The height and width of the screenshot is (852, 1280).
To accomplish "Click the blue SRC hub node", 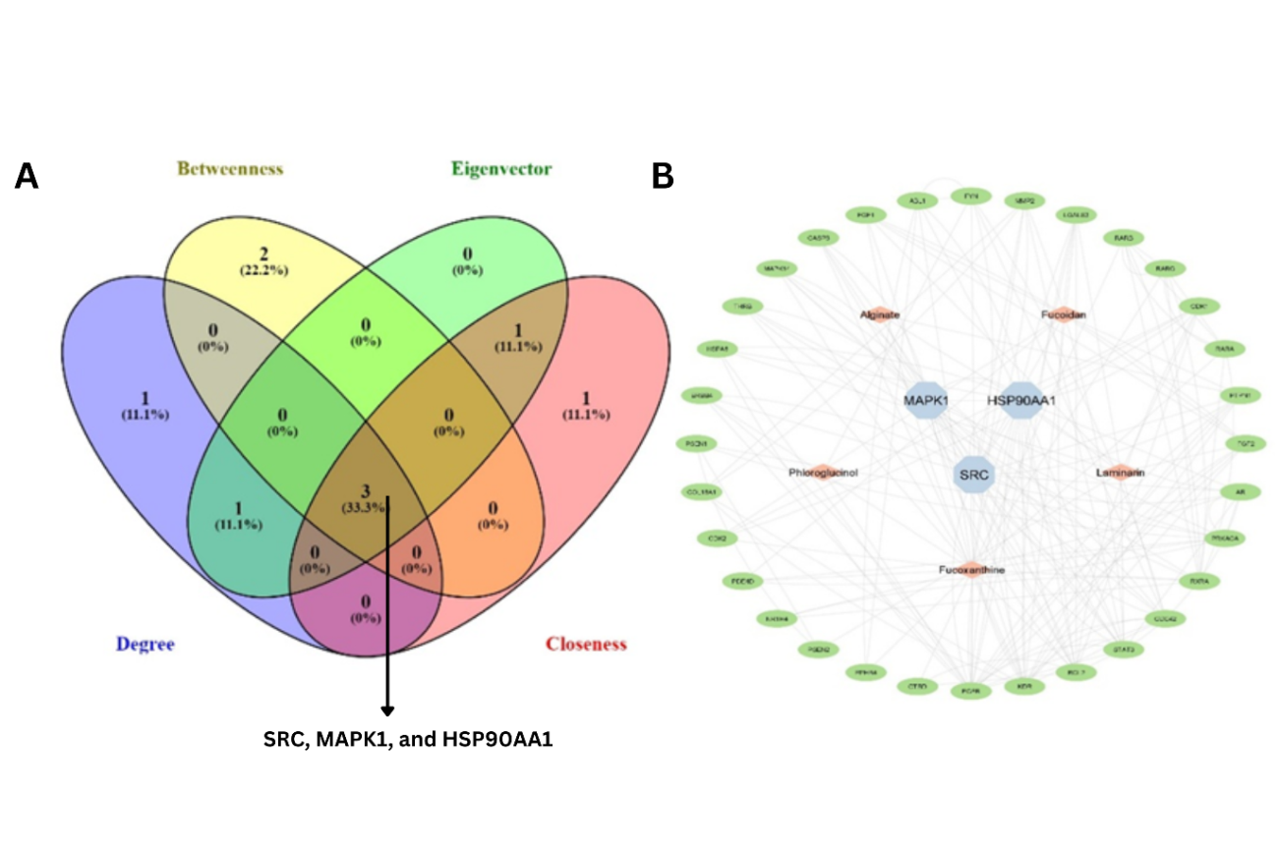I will point(976,475).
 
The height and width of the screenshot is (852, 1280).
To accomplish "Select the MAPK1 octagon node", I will point(925,401).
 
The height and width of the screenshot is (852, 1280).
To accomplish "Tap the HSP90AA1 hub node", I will point(1020,401).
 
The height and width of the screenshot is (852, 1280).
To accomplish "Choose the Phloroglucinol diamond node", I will point(824,473).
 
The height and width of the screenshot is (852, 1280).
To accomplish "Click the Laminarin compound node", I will point(1120,473).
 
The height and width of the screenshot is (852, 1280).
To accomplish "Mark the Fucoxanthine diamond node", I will point(972,569).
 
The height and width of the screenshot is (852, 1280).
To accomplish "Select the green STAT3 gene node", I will point(1121,649).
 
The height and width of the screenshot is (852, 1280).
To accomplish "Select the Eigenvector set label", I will point(502,168).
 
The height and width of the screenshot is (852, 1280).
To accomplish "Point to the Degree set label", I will point(145,645).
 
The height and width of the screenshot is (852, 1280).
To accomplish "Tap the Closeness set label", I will point(586,645).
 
